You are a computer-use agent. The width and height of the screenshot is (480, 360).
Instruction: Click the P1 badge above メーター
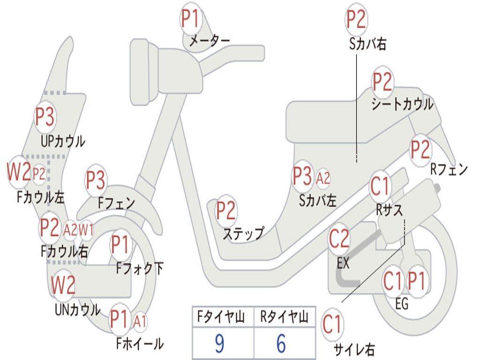190,19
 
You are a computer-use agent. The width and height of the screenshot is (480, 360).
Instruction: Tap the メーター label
209,42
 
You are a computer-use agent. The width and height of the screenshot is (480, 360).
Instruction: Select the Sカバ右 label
368,44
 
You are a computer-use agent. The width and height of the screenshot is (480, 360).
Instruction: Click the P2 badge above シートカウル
382,82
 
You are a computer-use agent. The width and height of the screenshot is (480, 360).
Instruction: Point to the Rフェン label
449,169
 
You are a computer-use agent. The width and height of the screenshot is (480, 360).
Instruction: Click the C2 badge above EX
339,240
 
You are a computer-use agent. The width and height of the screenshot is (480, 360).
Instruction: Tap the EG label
402,304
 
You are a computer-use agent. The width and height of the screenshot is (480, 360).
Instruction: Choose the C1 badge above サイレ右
332,325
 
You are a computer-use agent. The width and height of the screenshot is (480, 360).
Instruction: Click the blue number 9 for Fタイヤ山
219,344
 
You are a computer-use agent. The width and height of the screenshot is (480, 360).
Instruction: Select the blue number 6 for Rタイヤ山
281,344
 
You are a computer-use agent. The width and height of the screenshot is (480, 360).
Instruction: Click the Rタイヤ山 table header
284,318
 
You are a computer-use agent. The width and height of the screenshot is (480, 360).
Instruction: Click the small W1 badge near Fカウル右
86,230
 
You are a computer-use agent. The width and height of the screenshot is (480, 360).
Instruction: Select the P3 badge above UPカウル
45,117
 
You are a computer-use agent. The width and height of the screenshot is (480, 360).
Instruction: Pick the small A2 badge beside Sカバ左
323,178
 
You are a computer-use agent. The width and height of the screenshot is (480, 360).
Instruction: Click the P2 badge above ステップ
225,211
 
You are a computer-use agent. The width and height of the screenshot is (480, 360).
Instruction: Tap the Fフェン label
116,203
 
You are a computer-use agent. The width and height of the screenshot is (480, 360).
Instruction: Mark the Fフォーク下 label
140,269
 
